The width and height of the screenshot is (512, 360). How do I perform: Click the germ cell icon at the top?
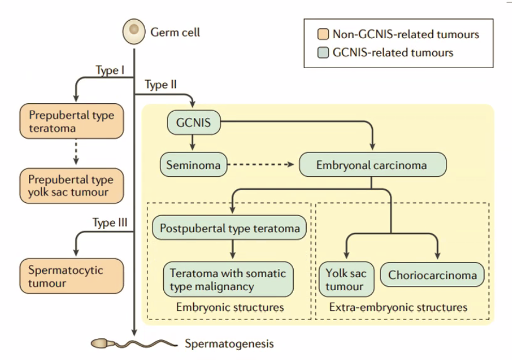[x=134, y=32]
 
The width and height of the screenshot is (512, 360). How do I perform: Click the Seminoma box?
[x=193, y=165]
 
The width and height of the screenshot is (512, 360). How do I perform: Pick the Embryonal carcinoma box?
[x=372, y=165]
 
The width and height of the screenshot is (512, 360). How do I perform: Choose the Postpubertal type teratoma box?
[x=229, y=228]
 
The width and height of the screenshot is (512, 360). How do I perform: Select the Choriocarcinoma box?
[x=432, y=275]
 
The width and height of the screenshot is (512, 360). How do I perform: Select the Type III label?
[x=110, y=223]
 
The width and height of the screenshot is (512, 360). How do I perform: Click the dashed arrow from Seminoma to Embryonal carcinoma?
[x=261, y=165]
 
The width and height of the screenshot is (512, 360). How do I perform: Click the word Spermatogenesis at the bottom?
[x=229, y=344]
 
